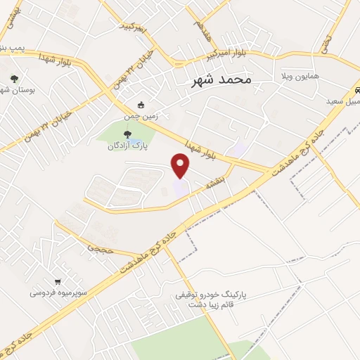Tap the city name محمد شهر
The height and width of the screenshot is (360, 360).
pyautogui.click(x=221, y=80)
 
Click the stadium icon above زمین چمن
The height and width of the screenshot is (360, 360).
pyautogui.click(x=141, y=105)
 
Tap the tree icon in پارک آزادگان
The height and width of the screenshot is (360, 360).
pyautogui.click(x=127, y=135)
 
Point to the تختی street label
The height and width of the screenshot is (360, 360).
pyautogui.click(x=326, y=44)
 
